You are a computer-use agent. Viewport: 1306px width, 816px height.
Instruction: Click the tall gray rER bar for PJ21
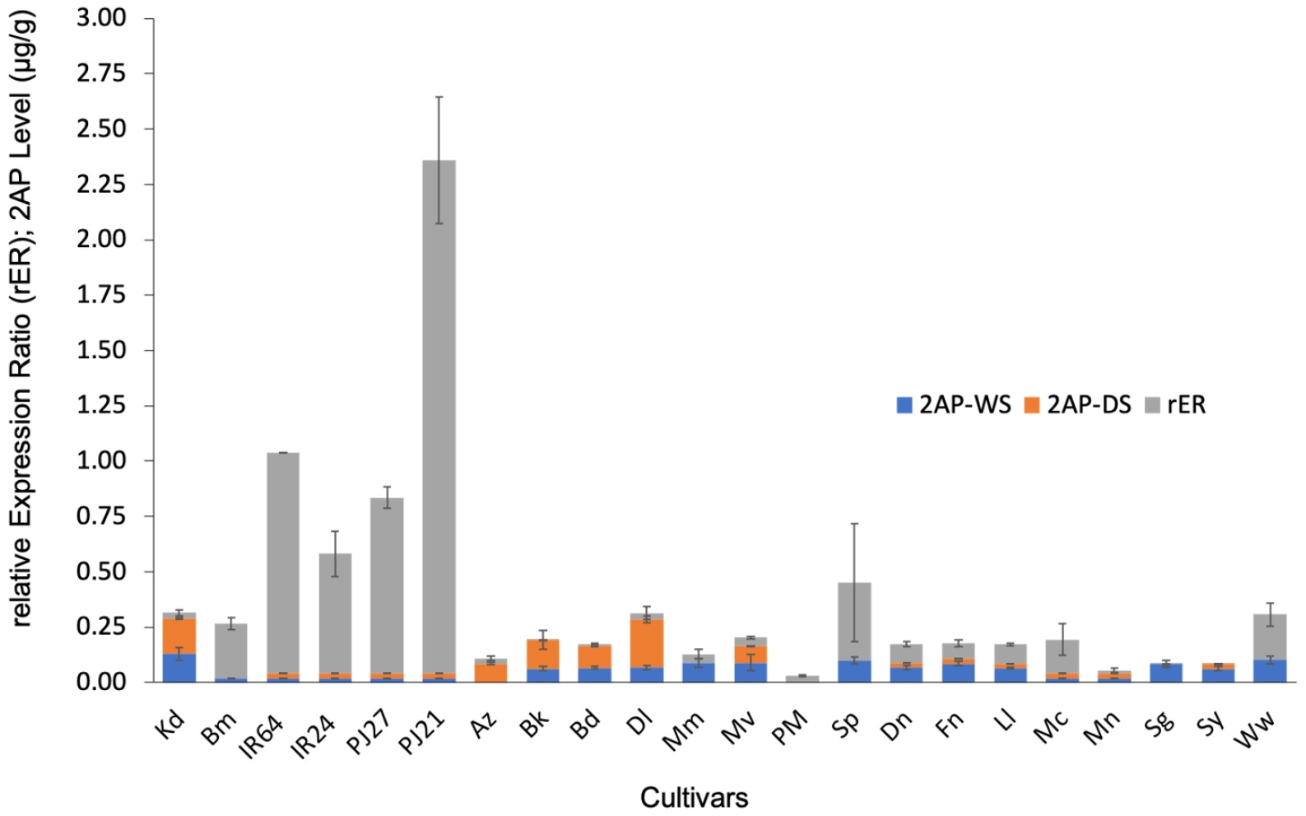point(439,417)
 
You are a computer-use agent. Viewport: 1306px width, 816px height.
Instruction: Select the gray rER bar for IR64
point(283,563)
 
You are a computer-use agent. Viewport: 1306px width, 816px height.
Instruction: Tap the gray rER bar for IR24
point(335,613)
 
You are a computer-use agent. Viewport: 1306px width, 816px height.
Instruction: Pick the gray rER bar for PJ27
point(387,585)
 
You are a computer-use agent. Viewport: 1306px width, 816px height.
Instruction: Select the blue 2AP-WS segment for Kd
point(179,668)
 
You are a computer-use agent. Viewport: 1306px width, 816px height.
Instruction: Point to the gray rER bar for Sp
point(855,622)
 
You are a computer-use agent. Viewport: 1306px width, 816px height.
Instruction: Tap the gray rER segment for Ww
point(1271,637)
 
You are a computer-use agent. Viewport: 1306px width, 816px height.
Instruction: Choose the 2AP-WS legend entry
point(954,405)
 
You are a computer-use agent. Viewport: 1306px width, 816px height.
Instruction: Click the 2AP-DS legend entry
point(1077,405)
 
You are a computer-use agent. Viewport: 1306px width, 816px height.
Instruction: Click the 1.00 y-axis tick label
point(101,461)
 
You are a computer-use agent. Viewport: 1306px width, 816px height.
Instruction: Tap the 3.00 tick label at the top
point(101,18)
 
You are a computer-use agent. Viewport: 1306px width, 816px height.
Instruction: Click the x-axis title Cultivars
point(695,798)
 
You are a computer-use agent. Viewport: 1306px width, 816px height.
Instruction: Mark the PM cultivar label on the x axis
point(791,729)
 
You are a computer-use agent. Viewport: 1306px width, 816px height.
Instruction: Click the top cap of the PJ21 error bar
point(439,97)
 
